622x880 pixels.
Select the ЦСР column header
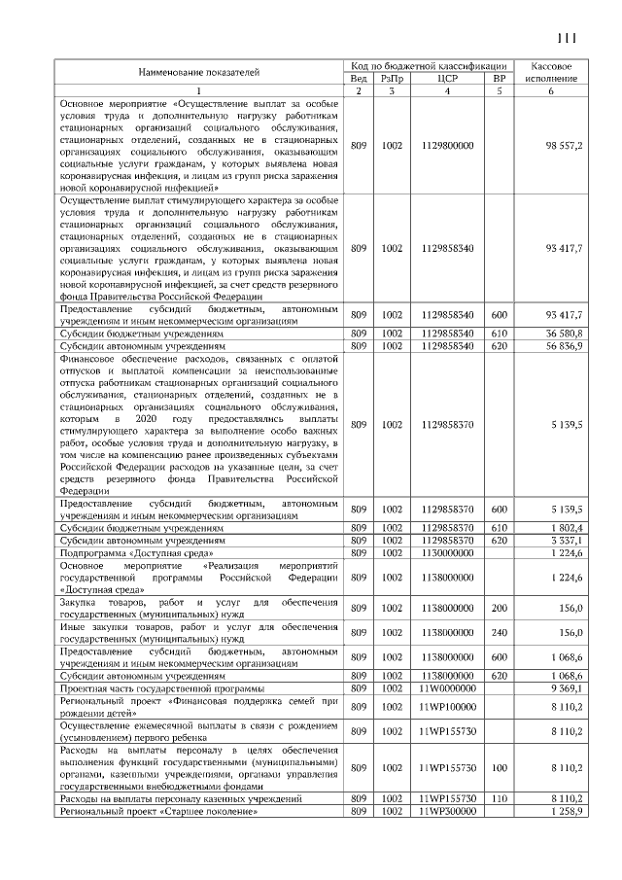tap(448, 78)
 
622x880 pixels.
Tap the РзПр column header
tap(392, 78)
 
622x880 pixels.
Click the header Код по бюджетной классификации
tap(429, 64)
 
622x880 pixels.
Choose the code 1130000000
tap(448, 552)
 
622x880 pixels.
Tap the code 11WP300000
tap(448, 810)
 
